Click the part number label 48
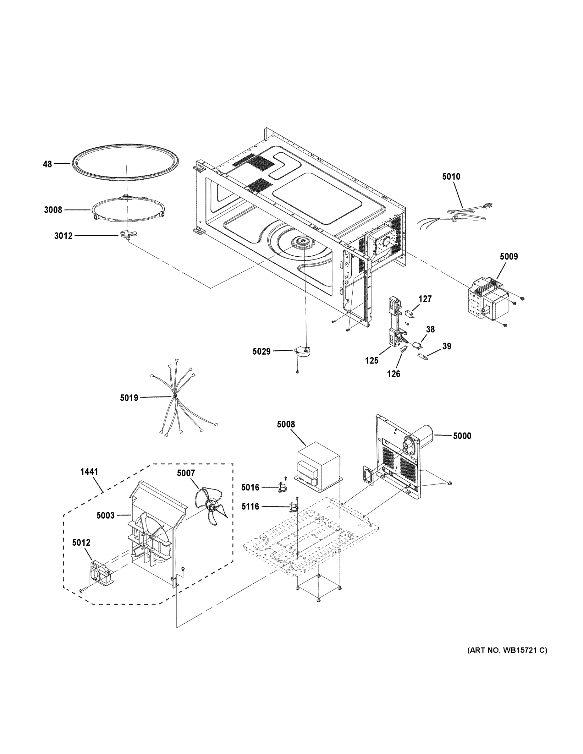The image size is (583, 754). pos(47,164)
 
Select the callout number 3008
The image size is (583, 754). pos(53,210)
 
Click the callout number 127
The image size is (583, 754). pos(425,299)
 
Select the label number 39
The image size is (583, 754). pos(447,346)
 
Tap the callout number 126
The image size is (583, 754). pos(393,374)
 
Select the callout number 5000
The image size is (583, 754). pos(462,436)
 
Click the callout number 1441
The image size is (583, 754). pos(89,472)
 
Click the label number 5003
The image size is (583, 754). pos(105,516)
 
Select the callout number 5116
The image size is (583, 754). pos(250,506)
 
